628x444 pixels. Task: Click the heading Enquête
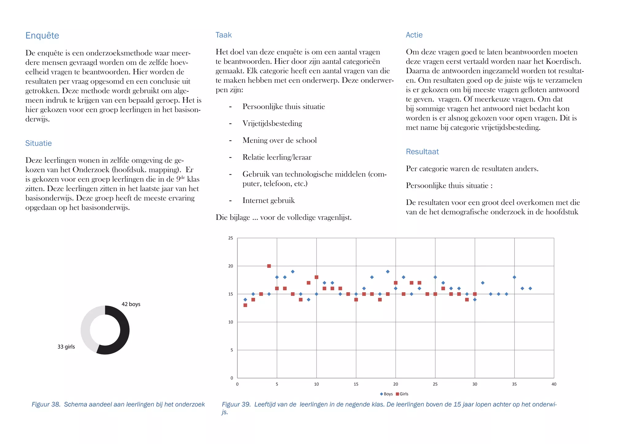coord(42,36)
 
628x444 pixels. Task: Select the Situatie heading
coord(38,143)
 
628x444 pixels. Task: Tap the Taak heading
coord(223,35)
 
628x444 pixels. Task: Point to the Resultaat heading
coord(422,151)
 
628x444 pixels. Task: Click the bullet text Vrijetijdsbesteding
coord(272,123)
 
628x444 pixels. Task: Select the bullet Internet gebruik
coord(268,200)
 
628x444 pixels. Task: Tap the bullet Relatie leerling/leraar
coord(277,157)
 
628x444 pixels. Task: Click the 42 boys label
coord(131,304)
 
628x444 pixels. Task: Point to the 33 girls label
coord(66,347)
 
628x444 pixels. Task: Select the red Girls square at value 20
coord(269,266)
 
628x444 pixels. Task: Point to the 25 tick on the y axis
coord(231,238)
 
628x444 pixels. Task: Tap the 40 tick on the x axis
coord(554,384)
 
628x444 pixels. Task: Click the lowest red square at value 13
coord(245,305)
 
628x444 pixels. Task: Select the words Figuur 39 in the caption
coord(236,404)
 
